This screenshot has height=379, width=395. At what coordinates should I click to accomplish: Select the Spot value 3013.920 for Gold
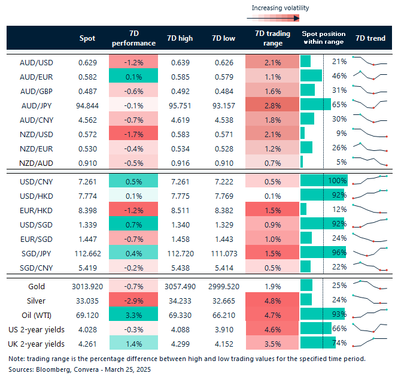[87, 286]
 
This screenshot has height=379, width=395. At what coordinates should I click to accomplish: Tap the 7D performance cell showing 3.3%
[133, 314]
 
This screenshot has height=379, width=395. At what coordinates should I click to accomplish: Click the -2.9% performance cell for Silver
[133, 300]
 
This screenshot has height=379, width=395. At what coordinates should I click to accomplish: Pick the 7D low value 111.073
[222, 253]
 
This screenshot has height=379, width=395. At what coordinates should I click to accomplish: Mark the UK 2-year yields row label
[36, 343]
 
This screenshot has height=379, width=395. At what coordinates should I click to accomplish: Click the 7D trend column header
[370, 38]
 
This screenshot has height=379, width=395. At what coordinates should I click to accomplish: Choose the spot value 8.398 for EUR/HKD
[87, 210]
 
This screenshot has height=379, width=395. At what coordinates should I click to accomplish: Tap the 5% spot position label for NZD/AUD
[341, 162]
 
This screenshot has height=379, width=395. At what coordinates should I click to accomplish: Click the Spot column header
[87, 38]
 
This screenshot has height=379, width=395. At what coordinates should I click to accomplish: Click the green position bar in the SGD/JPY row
[322, 253]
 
